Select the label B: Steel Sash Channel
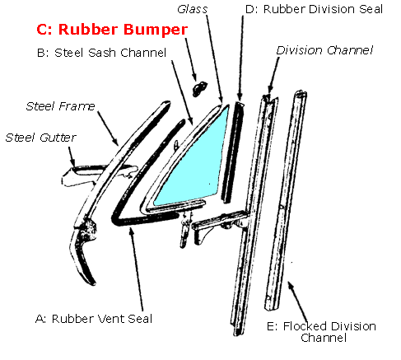pos(102,54)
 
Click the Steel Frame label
pos(60,105)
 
